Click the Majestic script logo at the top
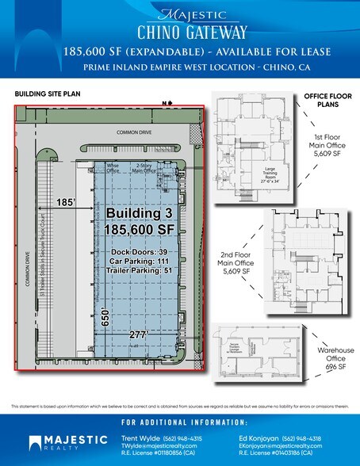[180, 13]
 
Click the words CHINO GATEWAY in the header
[180, 31]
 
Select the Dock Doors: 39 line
[140, 252]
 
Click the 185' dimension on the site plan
[66, 204]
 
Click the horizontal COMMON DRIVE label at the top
[133, 133]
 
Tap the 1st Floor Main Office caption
[327, 144]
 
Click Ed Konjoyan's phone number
[326, 438]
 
